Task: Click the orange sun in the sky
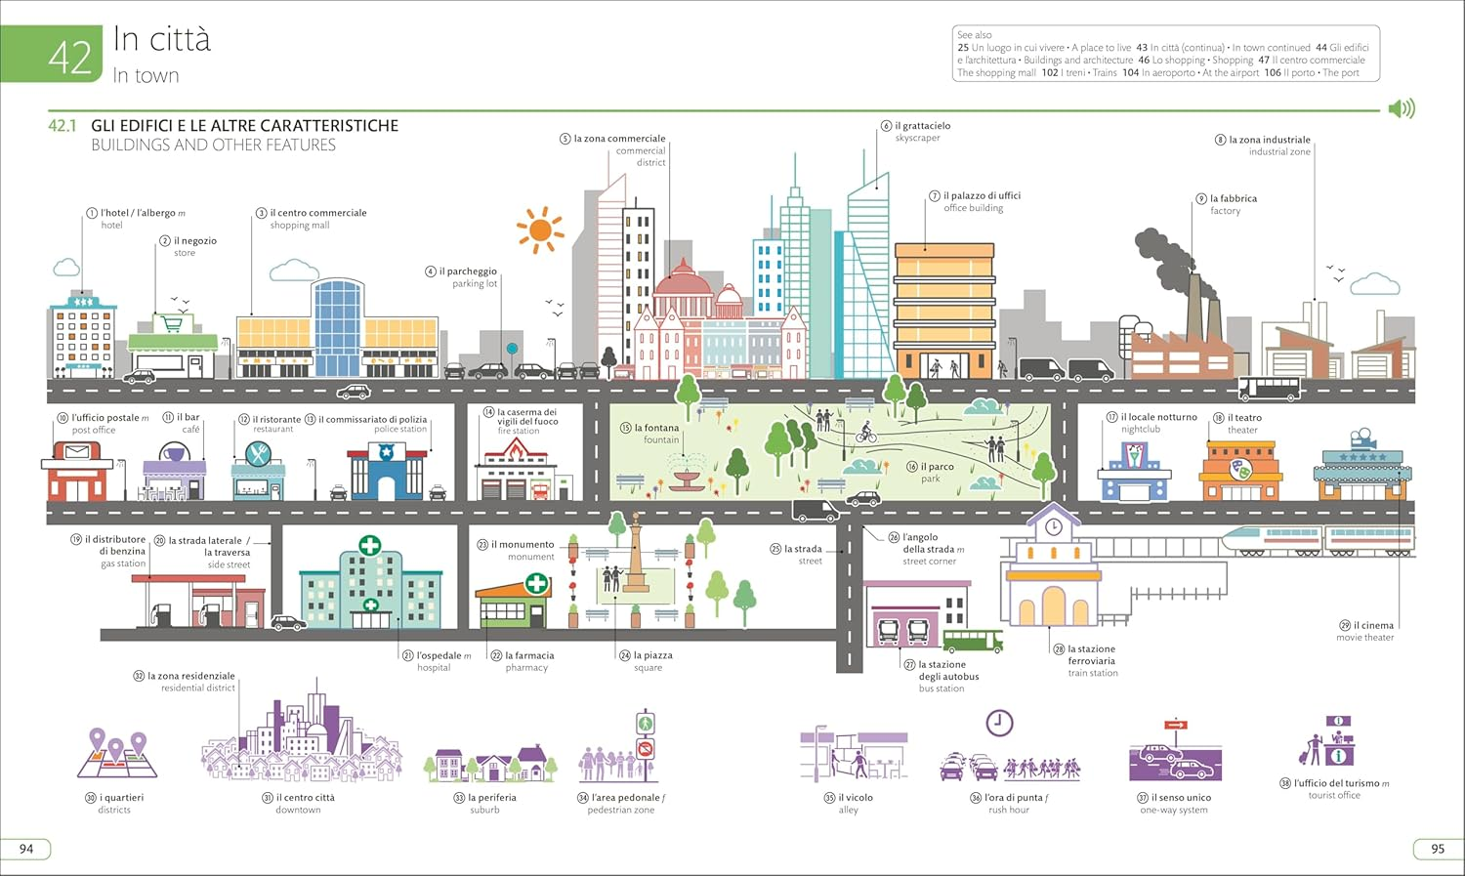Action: pos(539,230)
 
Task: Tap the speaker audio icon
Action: pos(1402,108)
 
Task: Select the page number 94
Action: pos(26,849)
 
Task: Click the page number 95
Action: pos(1437,849)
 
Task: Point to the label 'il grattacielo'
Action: pos(922,126)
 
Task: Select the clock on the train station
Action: pos(1053,527)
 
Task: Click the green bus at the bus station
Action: pos(973,641)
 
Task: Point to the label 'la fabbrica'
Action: pos(1233,198)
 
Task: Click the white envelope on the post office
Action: pos(77,452)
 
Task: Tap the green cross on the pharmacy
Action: pos(536,584)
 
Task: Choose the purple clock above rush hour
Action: pos(998,723)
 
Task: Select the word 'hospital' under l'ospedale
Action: pos(434,668)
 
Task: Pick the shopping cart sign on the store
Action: pos(172,323)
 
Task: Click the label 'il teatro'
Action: pos(1244,418)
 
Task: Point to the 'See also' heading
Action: pos(974,35)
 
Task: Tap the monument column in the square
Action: pos(636,553)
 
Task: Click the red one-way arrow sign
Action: pos(1175,725)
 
